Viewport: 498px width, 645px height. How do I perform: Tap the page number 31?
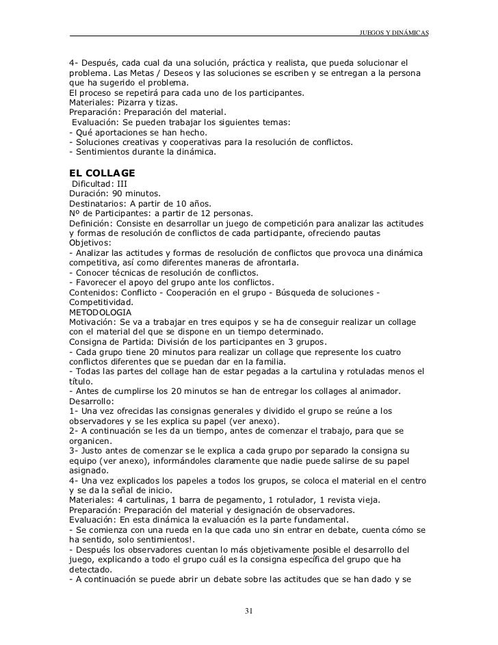pos(249,611)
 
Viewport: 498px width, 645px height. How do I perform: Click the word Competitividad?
pos(101,302)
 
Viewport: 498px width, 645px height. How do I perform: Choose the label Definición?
pos(92,223)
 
